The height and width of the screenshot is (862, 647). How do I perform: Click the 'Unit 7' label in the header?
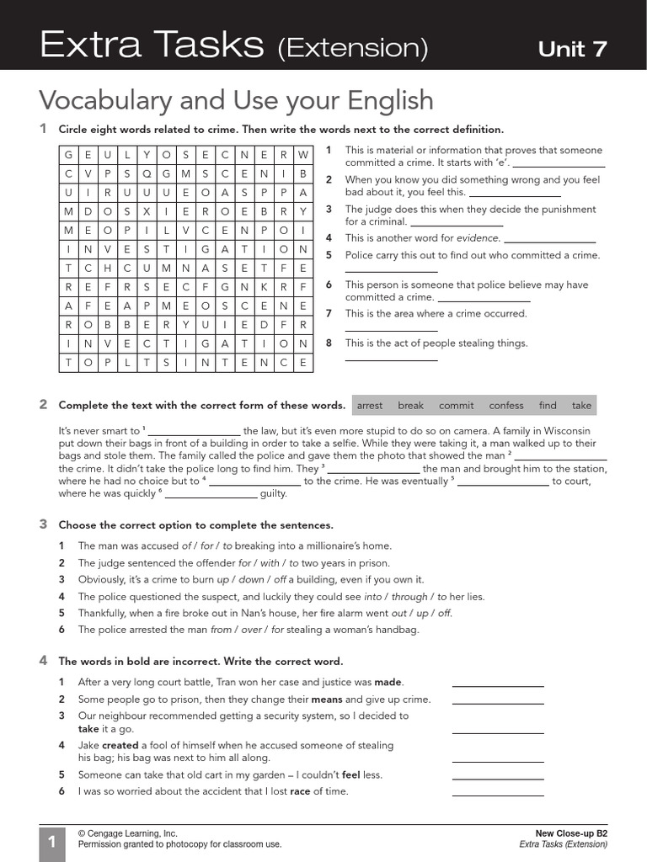pos(572,49)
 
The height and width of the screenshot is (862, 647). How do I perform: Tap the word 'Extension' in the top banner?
pos(352,49)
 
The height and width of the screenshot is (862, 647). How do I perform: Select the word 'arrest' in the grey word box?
pos(370,406)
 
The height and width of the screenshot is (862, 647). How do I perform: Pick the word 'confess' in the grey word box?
pos(505,406)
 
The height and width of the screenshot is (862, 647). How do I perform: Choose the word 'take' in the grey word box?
pos(581,406)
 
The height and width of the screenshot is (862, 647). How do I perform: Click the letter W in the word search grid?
pos(303,155)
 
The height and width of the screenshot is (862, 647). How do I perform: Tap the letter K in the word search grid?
pos(264,285)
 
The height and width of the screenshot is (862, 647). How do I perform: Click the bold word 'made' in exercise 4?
pos(388,683)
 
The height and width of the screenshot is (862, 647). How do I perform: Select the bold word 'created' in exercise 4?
pos(121,745)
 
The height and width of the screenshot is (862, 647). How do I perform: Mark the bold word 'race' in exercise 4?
pos(300,791)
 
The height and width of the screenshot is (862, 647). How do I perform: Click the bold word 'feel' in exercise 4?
pos(350,774)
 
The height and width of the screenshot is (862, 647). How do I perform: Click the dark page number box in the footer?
pos(51,843)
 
